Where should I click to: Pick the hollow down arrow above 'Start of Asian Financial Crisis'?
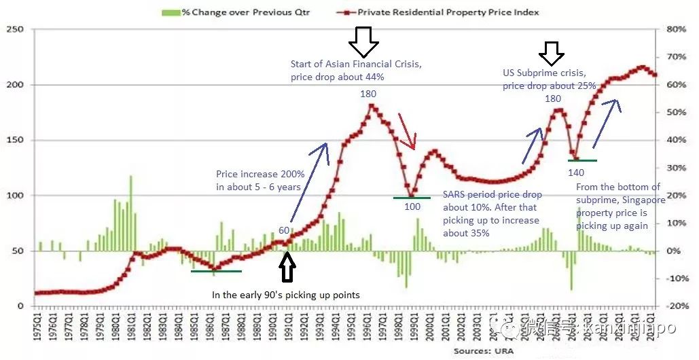(x=363, y=42)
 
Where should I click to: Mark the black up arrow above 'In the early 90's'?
(x=288, y=267)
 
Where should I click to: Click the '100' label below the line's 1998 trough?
(x=412, y=206)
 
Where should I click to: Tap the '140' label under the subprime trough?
(x=575, y=173)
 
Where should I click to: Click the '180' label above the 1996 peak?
(x=368, y=94)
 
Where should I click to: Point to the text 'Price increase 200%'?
(x=260, y=174)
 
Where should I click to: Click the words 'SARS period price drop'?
(x=492, y=195)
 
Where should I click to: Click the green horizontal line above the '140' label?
(x=582, y=160)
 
